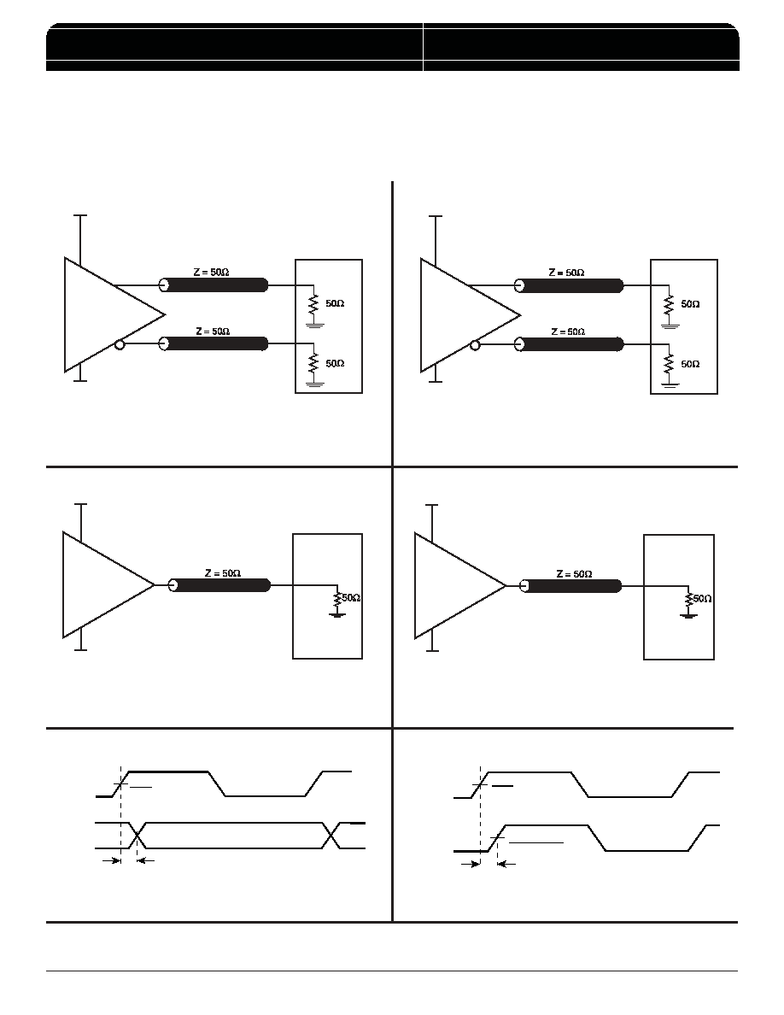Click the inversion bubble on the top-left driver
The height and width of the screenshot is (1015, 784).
pos(119,345)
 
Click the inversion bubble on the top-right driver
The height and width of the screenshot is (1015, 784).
pos(475,345)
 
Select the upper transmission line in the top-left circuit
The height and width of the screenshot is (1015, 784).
pos(214,285)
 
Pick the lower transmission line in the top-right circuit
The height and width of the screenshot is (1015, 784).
pos(570,344)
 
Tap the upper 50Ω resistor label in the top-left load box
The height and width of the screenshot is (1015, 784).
pos(335,303)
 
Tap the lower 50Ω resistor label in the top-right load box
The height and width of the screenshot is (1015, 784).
pos(690,364)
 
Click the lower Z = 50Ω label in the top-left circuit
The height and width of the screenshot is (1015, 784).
pos(213,331)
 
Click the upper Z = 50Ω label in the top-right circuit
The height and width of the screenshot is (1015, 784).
pos(567,273)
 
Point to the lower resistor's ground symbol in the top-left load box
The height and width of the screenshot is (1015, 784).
pos(314,384)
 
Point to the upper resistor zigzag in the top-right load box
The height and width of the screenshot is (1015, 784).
pos(670,304)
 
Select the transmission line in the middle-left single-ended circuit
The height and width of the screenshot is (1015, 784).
pos(219,585)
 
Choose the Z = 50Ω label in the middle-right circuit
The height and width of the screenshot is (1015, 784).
pos(575,574)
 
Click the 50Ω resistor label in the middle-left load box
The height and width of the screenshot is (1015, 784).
pos(351,597)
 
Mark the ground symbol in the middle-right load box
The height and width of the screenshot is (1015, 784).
pos(688,613)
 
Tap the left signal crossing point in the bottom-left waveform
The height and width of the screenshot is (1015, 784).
pos(137,835)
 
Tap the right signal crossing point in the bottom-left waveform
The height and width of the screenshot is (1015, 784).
pos(331,835)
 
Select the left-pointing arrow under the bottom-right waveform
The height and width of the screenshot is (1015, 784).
pos(506,864)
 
